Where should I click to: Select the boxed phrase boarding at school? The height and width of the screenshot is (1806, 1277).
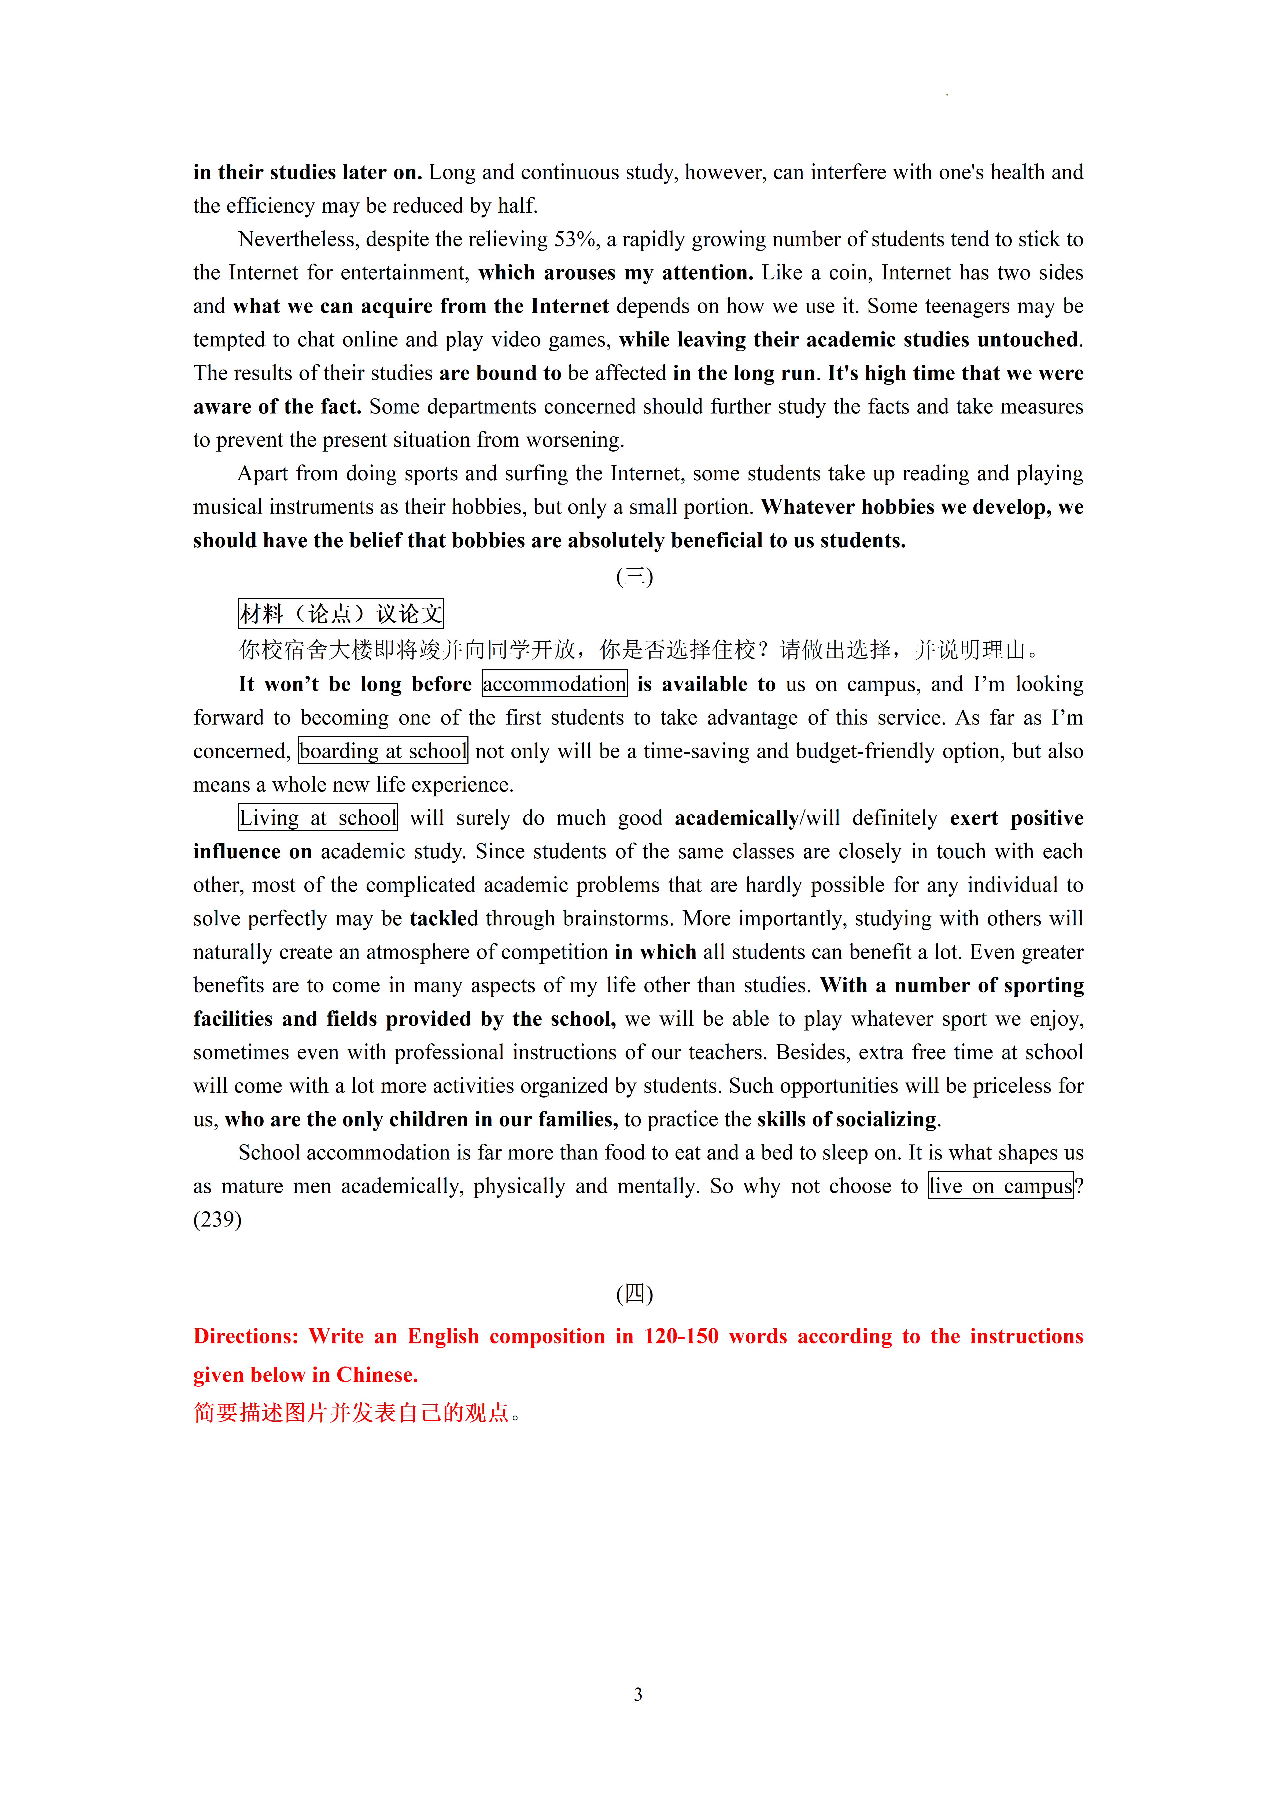coord(383,751)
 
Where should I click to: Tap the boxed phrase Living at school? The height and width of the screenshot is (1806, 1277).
coord(318,818)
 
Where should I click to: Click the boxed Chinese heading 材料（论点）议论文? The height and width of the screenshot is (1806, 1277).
coord(341,614)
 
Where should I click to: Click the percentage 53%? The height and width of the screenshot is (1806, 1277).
coord(575,239)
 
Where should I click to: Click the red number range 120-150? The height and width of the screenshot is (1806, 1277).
coord(681,1336)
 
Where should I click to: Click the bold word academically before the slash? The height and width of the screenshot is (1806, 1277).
coord(736,818)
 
